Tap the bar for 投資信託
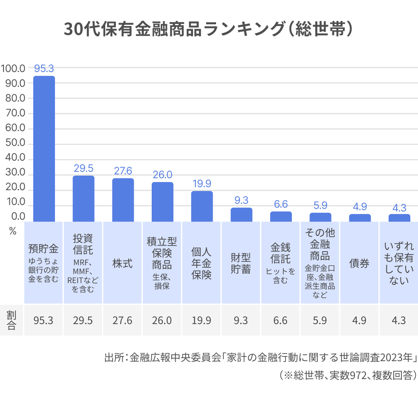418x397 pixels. (x=84, y=198)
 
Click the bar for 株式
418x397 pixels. (x=123, y=200)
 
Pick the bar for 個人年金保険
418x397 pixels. (x=202, y=206)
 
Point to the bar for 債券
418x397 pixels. (x=360, y=217)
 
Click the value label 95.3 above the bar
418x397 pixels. (x=44, y=68)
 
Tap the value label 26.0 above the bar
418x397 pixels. (x=162, y=174)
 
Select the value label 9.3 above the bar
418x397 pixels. (x=241, y=200)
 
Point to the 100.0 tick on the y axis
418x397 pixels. (x=13, y=68)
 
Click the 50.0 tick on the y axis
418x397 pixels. (x=15, y=144)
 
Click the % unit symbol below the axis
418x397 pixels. (x=12, y=232)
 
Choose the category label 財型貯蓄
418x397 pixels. (x=241, y=263)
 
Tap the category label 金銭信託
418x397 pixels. (x=280, y=253)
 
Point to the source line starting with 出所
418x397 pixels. (x=260, y=357)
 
